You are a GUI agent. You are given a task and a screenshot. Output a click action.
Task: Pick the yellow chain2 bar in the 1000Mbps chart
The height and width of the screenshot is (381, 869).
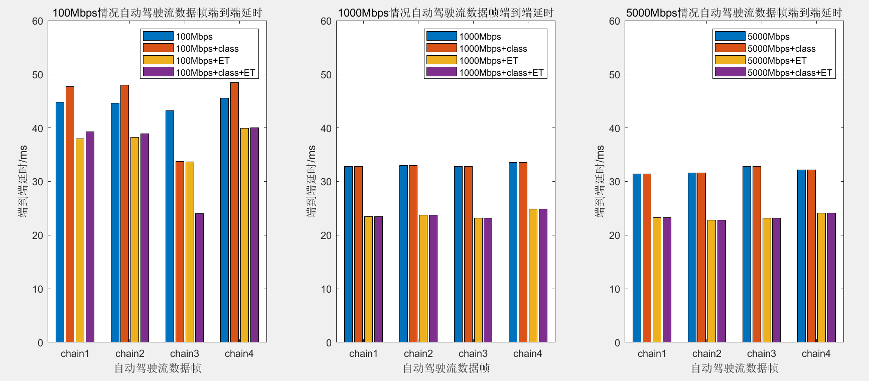pos(423,279)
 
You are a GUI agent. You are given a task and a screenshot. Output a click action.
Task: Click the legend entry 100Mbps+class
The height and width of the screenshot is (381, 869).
pos(207,49)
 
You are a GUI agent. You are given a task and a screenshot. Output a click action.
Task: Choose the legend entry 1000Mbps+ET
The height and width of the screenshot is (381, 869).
pos(488,61)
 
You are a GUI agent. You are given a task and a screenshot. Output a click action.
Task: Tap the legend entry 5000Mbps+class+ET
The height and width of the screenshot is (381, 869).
pos(789,73)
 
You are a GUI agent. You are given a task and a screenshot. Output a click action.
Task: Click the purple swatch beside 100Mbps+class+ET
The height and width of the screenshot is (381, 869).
pos(158,72)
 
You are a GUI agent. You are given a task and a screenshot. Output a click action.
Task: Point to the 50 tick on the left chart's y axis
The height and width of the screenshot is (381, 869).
pos(38,75)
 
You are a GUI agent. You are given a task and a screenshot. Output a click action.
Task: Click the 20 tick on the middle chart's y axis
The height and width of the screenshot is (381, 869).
pos(326,235)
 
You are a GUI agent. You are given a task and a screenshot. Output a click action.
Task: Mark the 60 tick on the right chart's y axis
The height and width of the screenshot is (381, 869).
pos(615,21)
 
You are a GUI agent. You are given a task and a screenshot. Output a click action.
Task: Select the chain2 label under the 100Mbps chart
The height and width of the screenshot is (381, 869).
pos(130,353)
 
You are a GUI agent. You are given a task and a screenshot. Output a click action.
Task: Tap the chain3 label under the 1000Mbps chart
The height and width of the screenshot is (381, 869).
pos(473,353)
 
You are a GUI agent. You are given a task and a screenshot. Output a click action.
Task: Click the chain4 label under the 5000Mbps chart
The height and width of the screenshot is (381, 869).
pos(816,353)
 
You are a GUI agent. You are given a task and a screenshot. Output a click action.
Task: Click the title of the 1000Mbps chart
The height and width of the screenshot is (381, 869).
pos(446,13)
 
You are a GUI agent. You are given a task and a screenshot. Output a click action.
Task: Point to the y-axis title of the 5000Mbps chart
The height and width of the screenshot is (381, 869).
pos(600,181)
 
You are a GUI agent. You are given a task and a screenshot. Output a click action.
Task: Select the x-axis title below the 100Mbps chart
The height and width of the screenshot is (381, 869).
pos(158,368)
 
